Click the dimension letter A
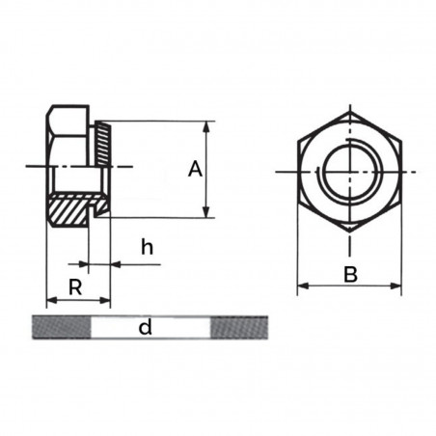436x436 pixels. coord(195,170)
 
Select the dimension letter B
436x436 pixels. coord(350,275)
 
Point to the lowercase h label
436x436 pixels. coord(147,247)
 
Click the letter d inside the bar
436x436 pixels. coord(145,328)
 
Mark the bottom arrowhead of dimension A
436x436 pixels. coord(205,212)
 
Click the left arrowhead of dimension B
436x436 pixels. coord(301,286)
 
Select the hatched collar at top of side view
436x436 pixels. coord(103,143)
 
